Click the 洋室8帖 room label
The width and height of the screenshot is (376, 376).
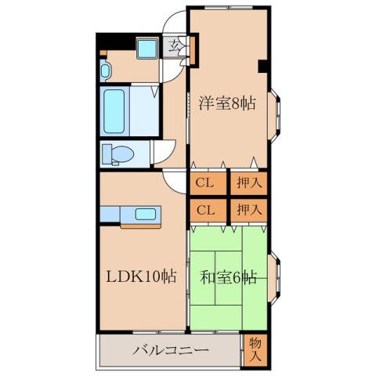[227, 103]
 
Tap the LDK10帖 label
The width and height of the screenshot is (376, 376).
[141, 277]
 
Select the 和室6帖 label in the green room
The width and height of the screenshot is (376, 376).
[228, 277]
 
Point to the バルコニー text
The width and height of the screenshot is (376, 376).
[171, 350]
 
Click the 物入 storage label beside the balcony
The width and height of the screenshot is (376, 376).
[255, 350]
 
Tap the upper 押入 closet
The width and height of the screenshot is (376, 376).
[249, 183]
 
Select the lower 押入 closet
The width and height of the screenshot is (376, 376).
[249, 210]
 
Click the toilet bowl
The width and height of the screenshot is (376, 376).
[118, 154]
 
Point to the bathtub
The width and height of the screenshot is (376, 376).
[114, 111]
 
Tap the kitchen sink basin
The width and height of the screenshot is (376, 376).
[146, 214]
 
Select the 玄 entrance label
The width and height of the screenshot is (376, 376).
[174, 47]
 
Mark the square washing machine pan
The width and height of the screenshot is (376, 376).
[147, 49]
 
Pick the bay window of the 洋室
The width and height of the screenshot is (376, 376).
[274, 116]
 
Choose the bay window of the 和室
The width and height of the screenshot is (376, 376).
[274, 278]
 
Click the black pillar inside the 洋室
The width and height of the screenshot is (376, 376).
[262, 67]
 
